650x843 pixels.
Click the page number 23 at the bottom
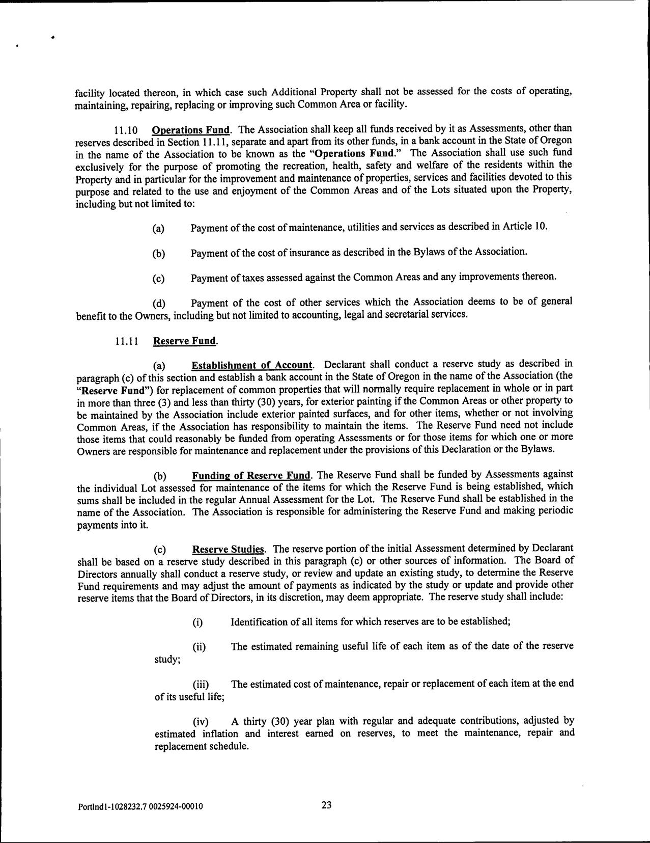[326, 805]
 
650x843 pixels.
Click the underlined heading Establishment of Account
[252, 365]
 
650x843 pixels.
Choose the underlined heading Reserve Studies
[229, 550]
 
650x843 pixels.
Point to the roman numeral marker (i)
[197, 622]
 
